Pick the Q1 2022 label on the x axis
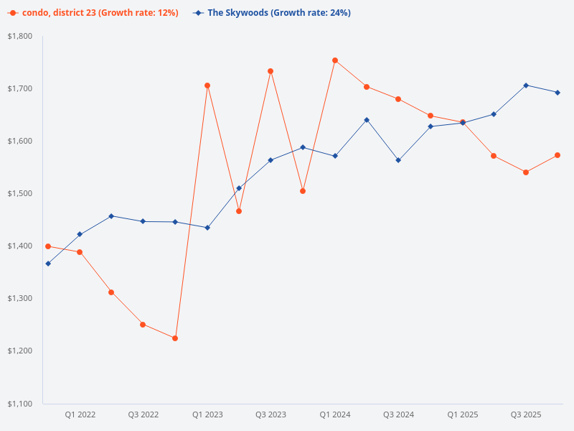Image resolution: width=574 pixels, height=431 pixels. (80, 414)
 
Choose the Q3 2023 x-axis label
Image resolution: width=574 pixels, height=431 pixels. (270, 414)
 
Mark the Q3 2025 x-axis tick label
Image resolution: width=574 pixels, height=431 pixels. (526, 414)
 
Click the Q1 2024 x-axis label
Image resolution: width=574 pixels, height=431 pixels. (335, 414)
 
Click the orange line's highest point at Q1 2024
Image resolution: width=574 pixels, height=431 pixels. (335, 60)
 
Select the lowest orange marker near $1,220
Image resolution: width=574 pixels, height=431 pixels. (175, 338)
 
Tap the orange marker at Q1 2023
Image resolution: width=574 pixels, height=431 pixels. (207, 85)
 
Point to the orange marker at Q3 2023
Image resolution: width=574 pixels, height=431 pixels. (270, 71)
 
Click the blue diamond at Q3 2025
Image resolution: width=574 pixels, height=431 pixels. (526, 85)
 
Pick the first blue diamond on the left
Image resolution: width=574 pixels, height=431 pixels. (48, 264)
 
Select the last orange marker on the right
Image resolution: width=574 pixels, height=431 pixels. (557, 155)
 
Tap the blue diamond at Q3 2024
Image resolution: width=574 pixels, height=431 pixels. (398, 160)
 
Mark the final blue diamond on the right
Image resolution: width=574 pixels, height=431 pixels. (557, 93)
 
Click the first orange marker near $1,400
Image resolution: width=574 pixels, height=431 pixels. (48, 246)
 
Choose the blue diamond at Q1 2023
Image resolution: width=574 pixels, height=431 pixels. (207, 228)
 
